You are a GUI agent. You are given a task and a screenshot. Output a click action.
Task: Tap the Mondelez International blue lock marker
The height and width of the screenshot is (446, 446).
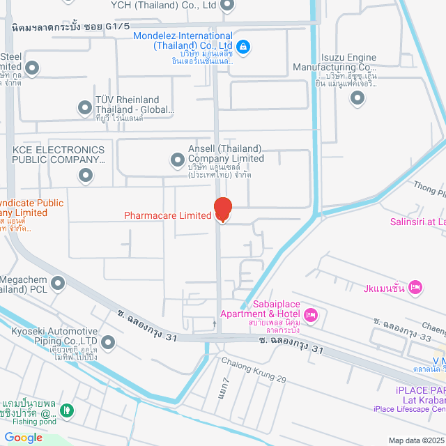(243, 47)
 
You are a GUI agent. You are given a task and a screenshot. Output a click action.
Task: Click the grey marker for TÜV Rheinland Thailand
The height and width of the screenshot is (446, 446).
(85, 107)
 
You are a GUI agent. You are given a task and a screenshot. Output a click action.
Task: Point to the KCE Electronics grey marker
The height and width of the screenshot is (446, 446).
(86, 175)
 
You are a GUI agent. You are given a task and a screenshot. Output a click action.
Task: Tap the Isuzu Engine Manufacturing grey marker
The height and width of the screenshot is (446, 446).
(357, 98)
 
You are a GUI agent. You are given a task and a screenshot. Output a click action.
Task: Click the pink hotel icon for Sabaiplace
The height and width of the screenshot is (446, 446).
(311, 315)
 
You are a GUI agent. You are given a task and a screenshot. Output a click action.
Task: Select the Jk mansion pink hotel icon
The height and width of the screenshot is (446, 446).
(415, 286)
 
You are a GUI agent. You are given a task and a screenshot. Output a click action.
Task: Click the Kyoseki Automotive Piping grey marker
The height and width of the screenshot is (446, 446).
(108, 342)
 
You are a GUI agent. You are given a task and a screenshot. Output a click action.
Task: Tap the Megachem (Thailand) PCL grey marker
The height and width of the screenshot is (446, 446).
(58, 283)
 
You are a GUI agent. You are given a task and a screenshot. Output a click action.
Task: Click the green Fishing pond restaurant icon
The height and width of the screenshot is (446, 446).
(66, 411)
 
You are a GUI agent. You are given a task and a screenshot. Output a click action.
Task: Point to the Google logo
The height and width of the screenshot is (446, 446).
(23, 437)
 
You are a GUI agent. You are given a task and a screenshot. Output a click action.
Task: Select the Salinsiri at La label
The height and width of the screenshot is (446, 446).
(417, 223)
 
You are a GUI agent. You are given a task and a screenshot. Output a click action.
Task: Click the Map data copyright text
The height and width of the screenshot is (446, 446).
(415, 440)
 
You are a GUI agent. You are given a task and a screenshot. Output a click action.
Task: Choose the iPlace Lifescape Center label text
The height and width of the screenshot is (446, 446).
(409, 429)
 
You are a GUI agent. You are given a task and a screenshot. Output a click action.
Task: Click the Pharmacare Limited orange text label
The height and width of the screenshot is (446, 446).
(167, 215)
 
